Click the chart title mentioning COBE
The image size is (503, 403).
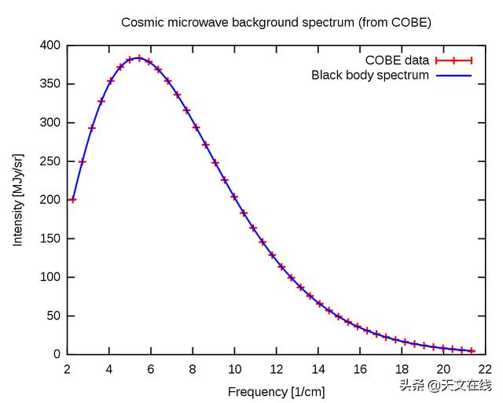coord(276,22)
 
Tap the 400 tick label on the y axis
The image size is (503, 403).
coord(50,46)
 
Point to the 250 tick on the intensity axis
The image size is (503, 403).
coord(50,161)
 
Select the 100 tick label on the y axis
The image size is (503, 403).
coord(50,277)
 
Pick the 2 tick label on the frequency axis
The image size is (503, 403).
coord(68,369)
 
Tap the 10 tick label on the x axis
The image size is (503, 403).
coord(234,369)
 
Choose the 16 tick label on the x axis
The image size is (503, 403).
coord(360,369)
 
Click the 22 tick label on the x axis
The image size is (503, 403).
coord(485,369)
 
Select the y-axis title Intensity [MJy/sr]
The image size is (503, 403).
coord(17,200)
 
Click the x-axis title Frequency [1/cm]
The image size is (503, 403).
coord(276,391)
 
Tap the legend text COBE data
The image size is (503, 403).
coord(397,61)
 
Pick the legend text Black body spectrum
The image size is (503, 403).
coord(370,76)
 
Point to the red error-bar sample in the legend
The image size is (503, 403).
coord(455,61)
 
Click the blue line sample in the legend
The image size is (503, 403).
coord(455,76)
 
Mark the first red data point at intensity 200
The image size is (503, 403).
coord(72,200)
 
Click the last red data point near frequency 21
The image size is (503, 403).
coord(472,351)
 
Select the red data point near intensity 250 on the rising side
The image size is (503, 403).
coord(82,162)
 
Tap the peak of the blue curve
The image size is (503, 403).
coord(138,57)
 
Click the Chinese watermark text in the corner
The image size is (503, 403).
coord(445,385)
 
